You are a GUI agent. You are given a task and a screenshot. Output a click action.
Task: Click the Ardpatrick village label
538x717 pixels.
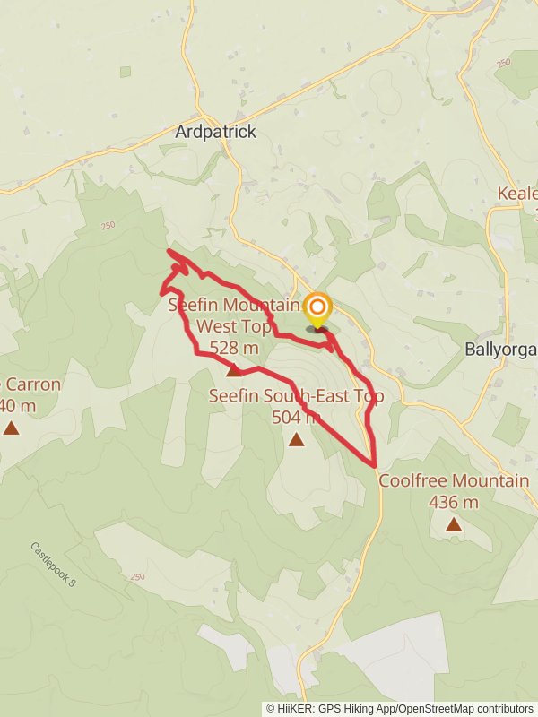tap(215, 132)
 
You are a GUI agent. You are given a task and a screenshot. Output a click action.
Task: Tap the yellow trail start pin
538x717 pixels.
tap(317, 309)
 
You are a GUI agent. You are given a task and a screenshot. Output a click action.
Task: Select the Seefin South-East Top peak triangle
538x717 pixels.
tap(296, 439)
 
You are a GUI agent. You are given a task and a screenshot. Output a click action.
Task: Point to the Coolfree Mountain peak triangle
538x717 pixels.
tap(454, 524)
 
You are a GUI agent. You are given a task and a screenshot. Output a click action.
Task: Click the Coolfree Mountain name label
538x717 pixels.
tap(454, 481)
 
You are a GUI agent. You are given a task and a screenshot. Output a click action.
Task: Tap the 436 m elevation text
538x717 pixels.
tap(454, 502)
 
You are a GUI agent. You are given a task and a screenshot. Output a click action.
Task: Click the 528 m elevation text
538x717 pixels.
tap(233, 348)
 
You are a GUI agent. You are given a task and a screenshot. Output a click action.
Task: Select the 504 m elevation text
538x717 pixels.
tap(296, 416)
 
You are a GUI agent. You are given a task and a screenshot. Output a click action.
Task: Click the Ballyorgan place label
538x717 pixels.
tap(501, 349)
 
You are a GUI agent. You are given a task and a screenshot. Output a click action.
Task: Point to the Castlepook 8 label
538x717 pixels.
tap(53, 565)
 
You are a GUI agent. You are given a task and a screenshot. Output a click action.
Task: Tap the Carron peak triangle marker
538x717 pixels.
tap(11, 428)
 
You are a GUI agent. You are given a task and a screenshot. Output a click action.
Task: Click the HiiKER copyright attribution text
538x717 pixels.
tap(400, 708)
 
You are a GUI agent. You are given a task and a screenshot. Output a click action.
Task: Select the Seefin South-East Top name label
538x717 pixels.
tap(296, 395)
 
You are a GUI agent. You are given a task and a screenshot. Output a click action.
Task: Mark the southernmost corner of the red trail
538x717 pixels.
tap(374, 464)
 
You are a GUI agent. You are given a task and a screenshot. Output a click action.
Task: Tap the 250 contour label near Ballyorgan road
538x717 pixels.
tap(501, 62)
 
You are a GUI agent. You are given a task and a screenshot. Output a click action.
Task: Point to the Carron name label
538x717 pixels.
tap(31, 385)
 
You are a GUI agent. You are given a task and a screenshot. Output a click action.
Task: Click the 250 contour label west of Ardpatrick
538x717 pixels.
tap(108, 226)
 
